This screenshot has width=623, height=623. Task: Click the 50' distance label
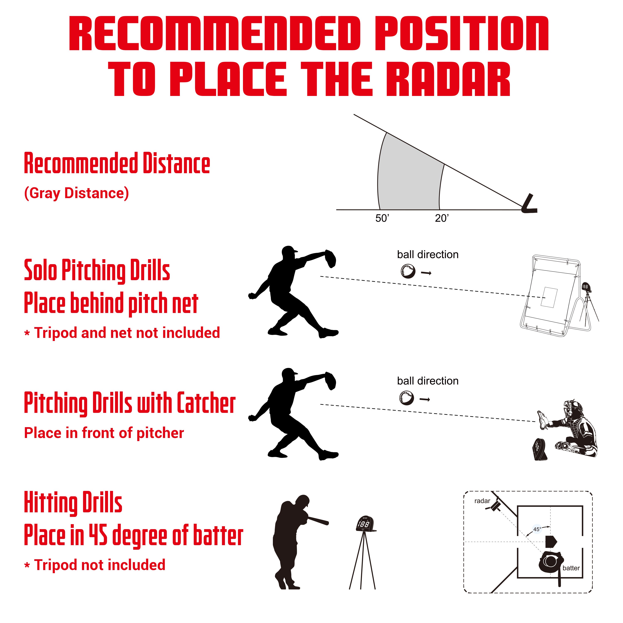(382, 218)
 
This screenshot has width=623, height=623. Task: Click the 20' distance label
(441, 218)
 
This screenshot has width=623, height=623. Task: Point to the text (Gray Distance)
(76, 193)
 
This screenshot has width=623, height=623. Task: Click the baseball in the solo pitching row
(408, 271)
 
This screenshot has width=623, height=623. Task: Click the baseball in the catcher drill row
(406, 398)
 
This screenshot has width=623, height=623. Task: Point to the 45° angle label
(537, 529)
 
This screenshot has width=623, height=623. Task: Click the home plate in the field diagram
(551, 541)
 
